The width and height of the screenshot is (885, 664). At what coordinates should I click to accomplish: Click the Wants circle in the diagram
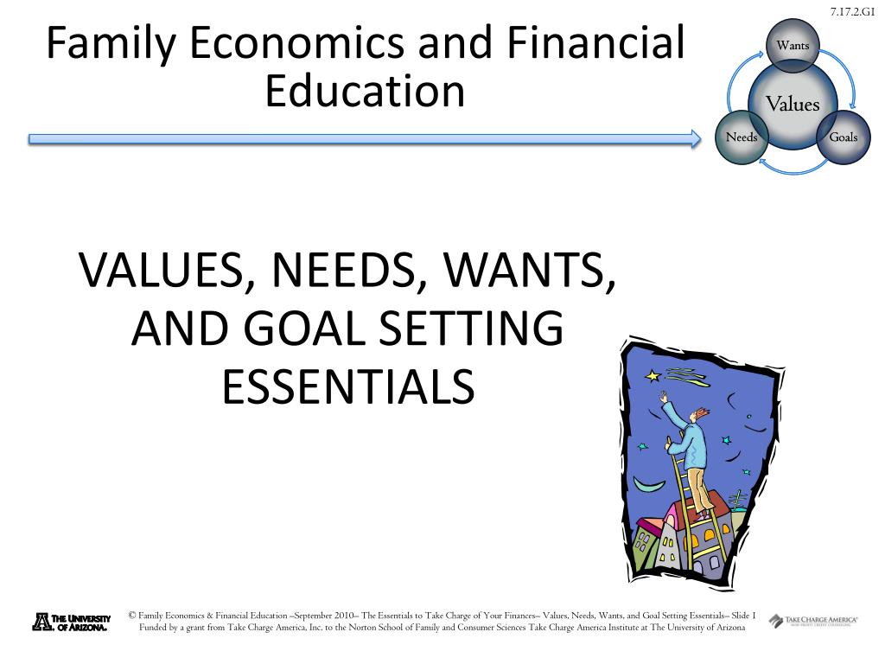coord(793,45)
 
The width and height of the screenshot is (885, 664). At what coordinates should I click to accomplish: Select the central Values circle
coord(793,105)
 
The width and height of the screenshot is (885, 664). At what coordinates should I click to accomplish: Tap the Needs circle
coord(742,137)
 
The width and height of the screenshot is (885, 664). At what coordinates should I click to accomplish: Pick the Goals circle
coord(844,137)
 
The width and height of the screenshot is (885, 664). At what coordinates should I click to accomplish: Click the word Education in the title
coord(365,91)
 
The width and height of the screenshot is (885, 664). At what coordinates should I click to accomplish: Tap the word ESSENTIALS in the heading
coord(348,386)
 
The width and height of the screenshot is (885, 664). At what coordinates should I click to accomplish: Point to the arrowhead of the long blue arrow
coord(696,138)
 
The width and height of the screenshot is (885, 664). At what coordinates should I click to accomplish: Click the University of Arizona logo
coord(71,622)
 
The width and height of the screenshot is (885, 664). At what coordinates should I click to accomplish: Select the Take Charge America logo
coord(813,621)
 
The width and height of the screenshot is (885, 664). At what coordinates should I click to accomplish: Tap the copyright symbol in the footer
coord(131,616)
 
